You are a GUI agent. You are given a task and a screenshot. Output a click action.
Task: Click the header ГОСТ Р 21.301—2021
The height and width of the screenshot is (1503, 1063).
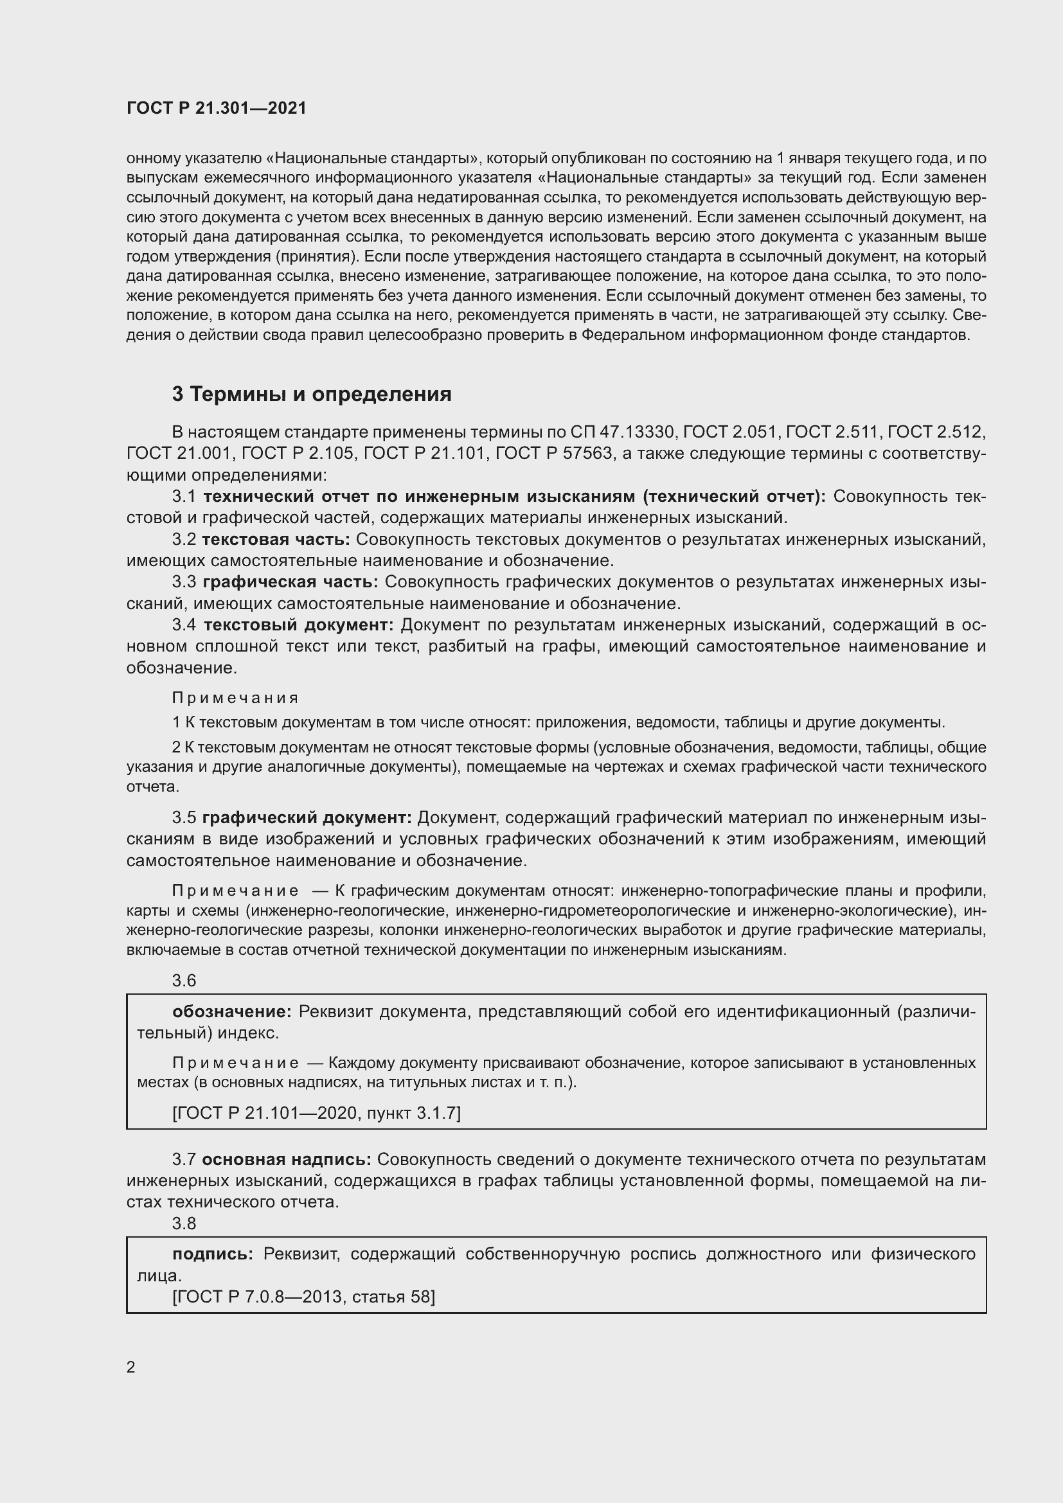point(216,108)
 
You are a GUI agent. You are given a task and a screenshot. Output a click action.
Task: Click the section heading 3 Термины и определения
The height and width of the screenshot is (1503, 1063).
point(312,394)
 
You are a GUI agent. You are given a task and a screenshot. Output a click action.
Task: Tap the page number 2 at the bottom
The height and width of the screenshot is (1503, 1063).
point(131,1367)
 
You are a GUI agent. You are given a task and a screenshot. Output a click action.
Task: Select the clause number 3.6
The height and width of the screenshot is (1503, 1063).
point(184,980)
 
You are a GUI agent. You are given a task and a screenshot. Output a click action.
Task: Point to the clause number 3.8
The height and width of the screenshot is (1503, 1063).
point(184,1223)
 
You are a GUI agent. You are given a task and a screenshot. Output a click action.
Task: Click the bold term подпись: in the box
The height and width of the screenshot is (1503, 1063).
point(213,1254)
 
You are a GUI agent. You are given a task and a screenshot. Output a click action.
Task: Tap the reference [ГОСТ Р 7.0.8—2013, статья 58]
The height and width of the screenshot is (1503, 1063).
point(303,1296)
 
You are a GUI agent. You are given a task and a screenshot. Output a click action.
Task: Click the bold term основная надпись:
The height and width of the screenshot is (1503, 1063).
point(286,1159)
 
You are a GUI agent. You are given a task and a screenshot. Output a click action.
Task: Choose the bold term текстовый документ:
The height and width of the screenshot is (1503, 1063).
point(298,625)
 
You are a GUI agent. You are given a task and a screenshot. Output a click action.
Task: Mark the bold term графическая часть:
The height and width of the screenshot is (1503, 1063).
point(290,582)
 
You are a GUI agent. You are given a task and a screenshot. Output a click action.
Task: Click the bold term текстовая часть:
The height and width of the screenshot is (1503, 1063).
point(276,538)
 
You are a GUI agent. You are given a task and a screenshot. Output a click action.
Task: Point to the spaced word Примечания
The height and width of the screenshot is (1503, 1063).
point(235,698)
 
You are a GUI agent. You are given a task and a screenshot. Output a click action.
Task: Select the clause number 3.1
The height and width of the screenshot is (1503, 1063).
point(184,496)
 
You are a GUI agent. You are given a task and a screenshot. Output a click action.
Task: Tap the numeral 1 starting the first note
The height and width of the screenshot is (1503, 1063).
point(175,723)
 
